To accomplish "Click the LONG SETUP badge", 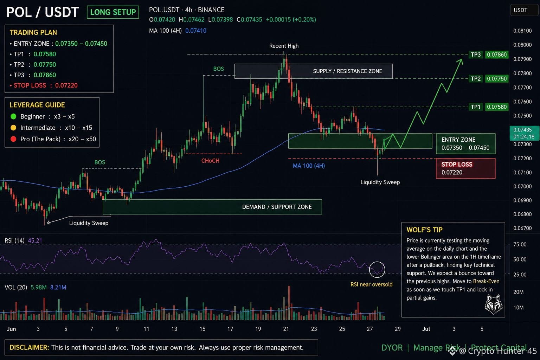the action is pos(113,12).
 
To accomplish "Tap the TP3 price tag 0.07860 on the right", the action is pos(497,54).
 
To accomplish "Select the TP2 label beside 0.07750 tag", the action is pos(476,79).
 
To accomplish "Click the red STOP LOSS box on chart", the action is pos(465,168).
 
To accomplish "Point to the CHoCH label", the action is pos(210,161).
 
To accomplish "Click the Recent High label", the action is pos(284,46).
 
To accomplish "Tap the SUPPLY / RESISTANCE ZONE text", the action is pos(347,71).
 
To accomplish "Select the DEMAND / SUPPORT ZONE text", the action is pos(277,207).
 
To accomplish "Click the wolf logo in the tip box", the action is pos(494,304).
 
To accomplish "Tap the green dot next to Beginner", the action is pos(13,116).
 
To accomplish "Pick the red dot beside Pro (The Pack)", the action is pos(13,139).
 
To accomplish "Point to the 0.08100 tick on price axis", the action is pos(522,31).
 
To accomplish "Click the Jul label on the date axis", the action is pos(426,329).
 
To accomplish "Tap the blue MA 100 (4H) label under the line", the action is pos(309,166).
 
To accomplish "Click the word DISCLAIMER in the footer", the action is pos(29,347).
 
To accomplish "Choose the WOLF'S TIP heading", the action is pos(424,230).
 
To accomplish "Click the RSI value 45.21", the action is pos(35,240).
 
